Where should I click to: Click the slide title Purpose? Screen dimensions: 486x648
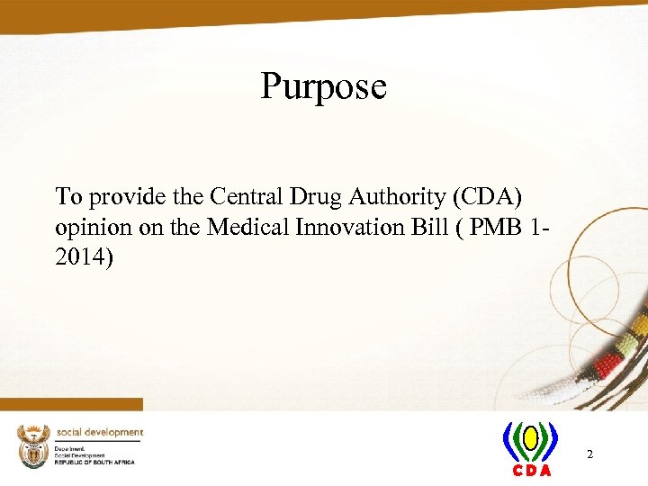click(x=323, y=87)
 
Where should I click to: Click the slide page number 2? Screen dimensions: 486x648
click(x=589, y=454)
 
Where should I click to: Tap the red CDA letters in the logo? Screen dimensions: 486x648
click(x=532, y=471)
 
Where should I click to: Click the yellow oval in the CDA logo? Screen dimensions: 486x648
click(x=531, y=438)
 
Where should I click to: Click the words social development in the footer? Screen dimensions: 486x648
click(x=99, y=432)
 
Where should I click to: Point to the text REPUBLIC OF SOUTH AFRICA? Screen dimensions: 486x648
click(x=94, y=462)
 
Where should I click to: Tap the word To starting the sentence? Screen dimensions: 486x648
click(x=68, y=195)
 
